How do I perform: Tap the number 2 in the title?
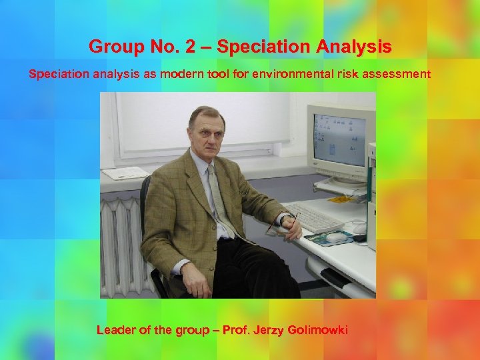click(202, 47)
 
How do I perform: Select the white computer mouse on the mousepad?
click(337, 236)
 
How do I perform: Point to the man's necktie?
click(220, 197)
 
